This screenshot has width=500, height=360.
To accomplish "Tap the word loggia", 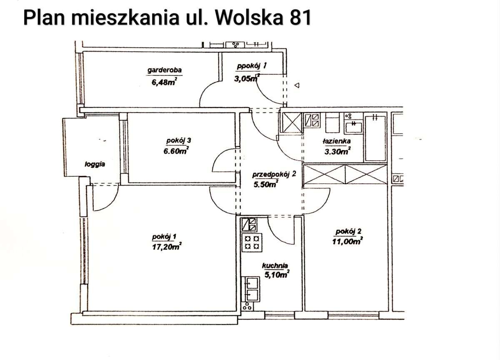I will (x=95, y=164).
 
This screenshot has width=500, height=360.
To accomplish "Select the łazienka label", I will (x=336, y=141).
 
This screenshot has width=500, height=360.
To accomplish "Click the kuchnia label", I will (x=275, y=265).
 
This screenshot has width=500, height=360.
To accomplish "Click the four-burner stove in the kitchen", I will (x=253, y=242).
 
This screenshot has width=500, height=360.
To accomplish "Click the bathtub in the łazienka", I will (x=375, y=138).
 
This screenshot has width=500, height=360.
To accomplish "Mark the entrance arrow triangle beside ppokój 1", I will (x=297, y=85).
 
